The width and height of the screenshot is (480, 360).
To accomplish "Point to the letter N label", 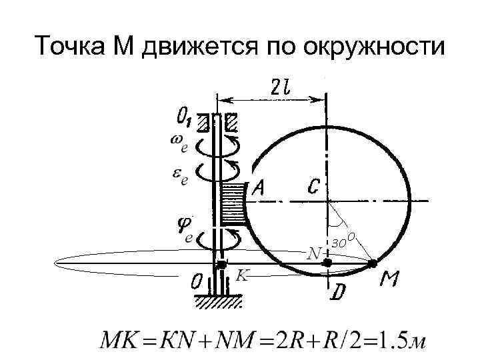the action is click(x=313, y=254).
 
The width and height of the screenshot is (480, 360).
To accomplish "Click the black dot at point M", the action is click(x=373, y=264).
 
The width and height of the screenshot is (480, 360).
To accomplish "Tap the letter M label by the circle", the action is click(x=390, y=282).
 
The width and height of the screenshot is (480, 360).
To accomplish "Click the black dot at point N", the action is click(x=327, y=264).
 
